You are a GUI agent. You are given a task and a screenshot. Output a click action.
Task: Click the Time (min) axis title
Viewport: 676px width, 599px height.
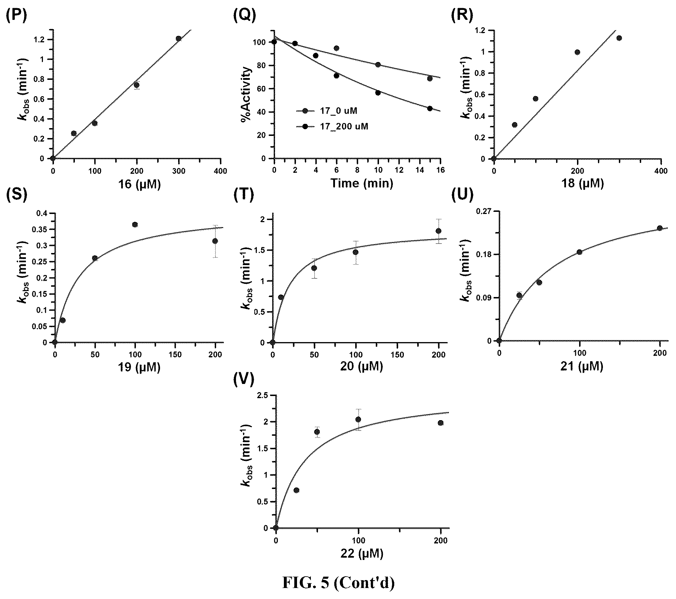click(x=362, y=183)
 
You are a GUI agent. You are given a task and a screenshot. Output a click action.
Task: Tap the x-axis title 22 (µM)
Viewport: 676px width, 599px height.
click(x=362, y=554)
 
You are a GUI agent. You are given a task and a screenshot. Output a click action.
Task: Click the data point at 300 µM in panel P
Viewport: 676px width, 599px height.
click(x=178, y=39)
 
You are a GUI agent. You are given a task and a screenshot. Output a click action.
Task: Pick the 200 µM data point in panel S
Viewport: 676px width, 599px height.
click(x=215, y=241)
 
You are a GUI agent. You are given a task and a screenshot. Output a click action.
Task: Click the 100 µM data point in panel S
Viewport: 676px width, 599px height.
click(x=135, y=225)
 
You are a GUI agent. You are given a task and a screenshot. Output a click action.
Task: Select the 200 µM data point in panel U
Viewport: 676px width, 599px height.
click(x=660, y=228)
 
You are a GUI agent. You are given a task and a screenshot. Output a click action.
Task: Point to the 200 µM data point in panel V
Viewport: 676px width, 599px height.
click(x=441, y=423)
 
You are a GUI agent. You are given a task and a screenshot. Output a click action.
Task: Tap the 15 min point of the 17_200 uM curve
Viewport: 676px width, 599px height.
click(x=430, y=109)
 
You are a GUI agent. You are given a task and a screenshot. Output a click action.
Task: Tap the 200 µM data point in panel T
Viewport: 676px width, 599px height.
click(x=438, y=231)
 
